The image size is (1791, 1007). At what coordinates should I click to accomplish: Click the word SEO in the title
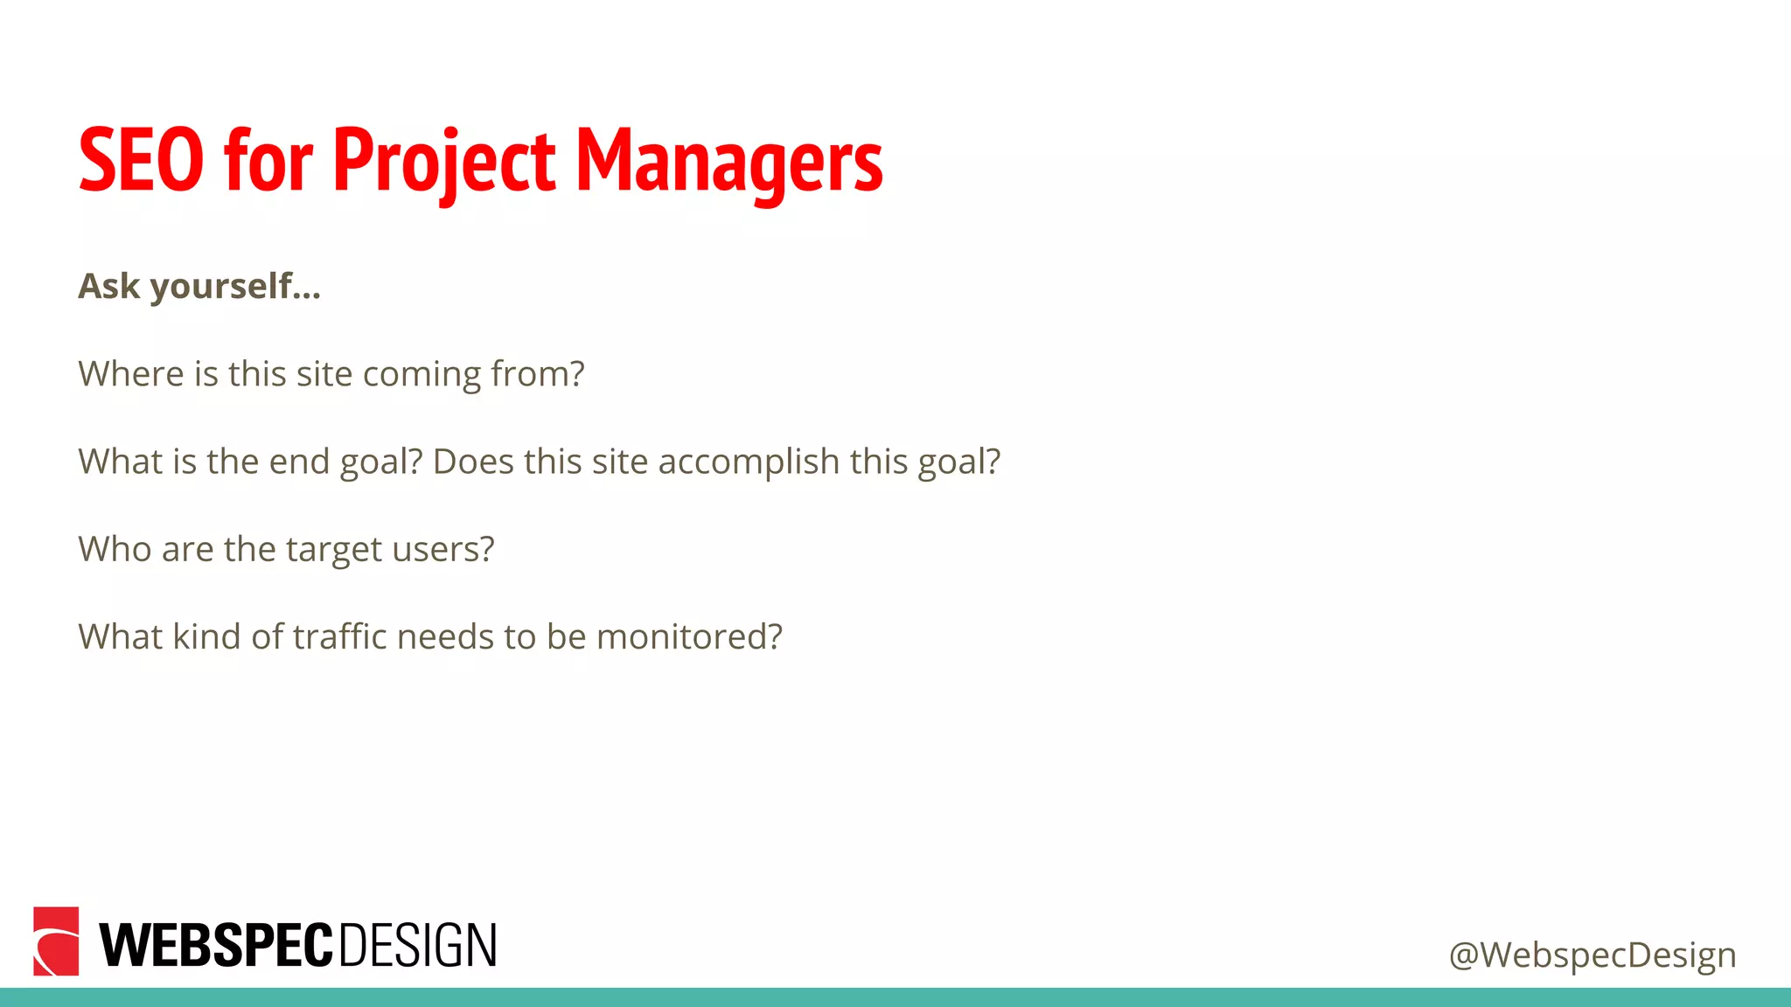point(141,161)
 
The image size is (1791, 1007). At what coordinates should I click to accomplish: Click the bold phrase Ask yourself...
point(199,287)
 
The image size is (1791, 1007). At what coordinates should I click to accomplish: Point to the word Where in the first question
point(130,374)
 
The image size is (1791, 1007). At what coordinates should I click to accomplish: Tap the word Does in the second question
point(473,462)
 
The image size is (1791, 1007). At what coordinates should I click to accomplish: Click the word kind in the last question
point(206,636)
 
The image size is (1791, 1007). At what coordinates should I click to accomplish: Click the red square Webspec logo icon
point(56,941)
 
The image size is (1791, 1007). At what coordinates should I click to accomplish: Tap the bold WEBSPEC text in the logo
point(216,946)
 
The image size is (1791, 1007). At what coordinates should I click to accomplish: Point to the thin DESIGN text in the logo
point(417,946)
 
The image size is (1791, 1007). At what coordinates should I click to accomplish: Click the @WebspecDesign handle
point(1592,955)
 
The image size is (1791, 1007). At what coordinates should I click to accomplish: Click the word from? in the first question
point(537,374)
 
